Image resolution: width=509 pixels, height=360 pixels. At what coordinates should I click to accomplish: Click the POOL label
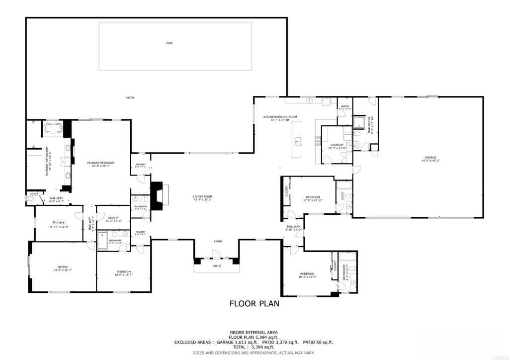tap(170, 43)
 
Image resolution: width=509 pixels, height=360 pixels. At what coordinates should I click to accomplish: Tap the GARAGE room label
tap(430, 157)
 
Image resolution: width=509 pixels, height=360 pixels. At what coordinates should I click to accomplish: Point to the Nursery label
tap(59, 222)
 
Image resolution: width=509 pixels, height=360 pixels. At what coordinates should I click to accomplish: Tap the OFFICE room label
tap(63, 267)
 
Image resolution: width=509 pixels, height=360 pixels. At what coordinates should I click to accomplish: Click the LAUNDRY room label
tap(337, 145)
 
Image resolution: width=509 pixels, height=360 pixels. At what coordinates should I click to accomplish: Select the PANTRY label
tap(344, 106)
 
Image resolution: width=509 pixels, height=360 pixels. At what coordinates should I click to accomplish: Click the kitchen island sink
tap(297, 142)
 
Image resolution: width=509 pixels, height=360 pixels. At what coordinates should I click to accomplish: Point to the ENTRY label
tap(218, 242)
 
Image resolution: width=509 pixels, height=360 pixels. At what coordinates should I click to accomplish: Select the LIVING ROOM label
tap(203, 196)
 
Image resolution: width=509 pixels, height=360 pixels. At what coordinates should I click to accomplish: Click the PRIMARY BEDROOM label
tap(101, 163)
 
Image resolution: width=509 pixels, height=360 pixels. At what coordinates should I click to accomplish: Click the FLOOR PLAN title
tap(254, 303)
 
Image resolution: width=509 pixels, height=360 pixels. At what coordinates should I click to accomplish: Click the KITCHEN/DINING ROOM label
tap(280, 117)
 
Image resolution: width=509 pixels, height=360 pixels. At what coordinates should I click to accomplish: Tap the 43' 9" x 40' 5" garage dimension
tap(430, 161)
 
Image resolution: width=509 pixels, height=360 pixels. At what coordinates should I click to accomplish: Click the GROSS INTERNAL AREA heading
tap(254, 332)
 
